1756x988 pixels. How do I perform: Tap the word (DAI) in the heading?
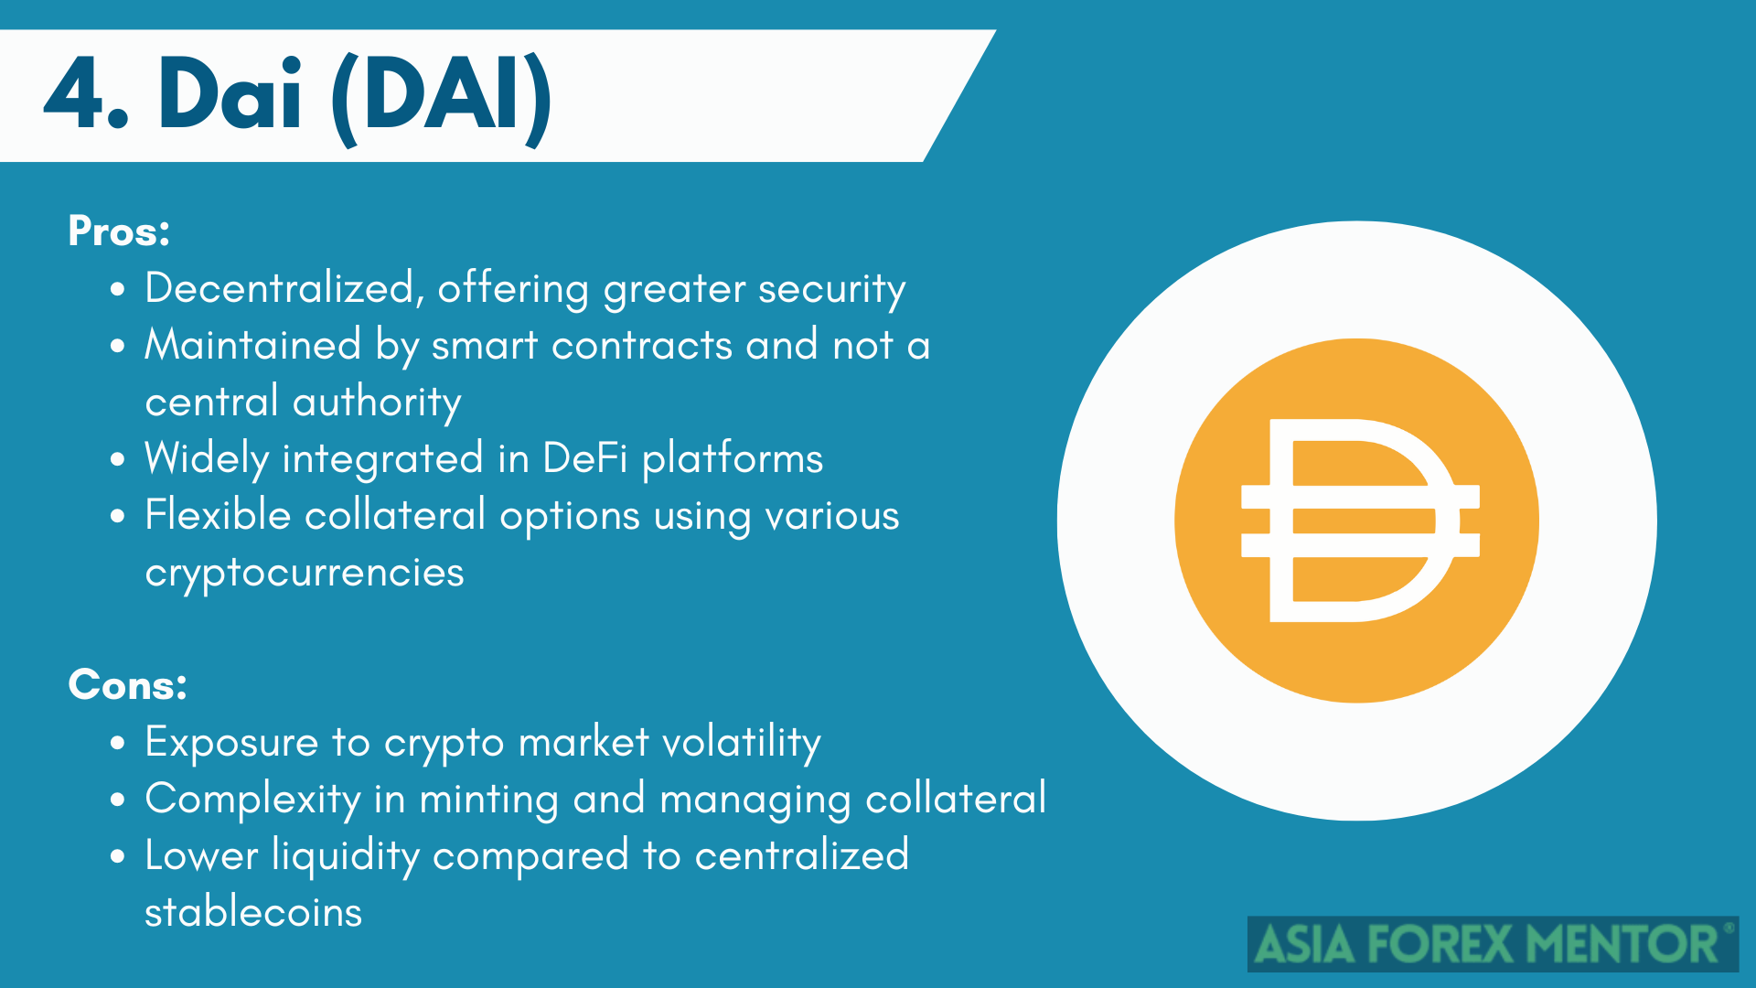441,97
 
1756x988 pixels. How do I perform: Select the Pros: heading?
119,231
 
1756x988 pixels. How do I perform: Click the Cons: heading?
127,684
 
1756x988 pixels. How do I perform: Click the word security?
831,291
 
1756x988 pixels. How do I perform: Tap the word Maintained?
253,345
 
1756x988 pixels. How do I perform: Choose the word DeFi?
585,457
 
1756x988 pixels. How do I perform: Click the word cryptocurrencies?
305,574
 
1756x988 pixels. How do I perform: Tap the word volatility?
741,743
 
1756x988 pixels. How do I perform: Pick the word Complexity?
253,800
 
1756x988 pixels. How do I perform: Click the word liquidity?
346,856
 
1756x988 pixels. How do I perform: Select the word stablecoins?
253,911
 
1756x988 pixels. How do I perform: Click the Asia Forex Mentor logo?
1493,944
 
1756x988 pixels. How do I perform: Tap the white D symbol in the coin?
1360,521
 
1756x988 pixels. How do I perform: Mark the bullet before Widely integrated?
117,459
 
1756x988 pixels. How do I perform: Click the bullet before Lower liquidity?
117,856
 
